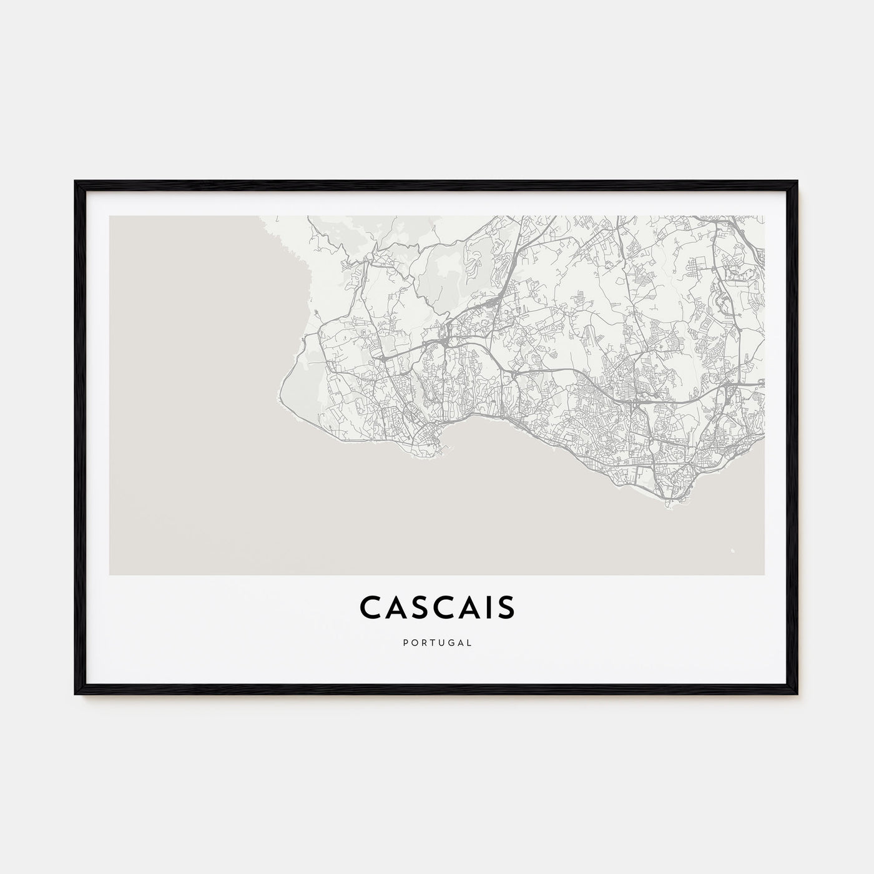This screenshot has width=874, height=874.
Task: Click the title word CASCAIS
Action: [437, 607]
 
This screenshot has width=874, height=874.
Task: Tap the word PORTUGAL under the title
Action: [437, 641]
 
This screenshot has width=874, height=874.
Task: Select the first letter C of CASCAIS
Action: [370, 607]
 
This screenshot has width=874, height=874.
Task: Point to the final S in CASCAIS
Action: [506, 607]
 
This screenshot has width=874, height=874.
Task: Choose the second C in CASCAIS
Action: [439, 607]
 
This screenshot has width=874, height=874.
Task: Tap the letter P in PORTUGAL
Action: [405, 641]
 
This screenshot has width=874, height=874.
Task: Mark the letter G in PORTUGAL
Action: [451, 641]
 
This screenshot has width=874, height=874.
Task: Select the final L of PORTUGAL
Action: [469, 641]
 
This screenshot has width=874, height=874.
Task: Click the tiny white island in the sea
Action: [732, 550]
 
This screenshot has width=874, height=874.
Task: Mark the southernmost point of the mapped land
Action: [667, 507]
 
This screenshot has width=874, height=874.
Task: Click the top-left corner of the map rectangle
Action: [110, 217]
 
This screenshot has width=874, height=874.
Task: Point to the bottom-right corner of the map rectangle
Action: [764, 574]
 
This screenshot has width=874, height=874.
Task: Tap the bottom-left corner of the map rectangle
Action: [110, 574]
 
